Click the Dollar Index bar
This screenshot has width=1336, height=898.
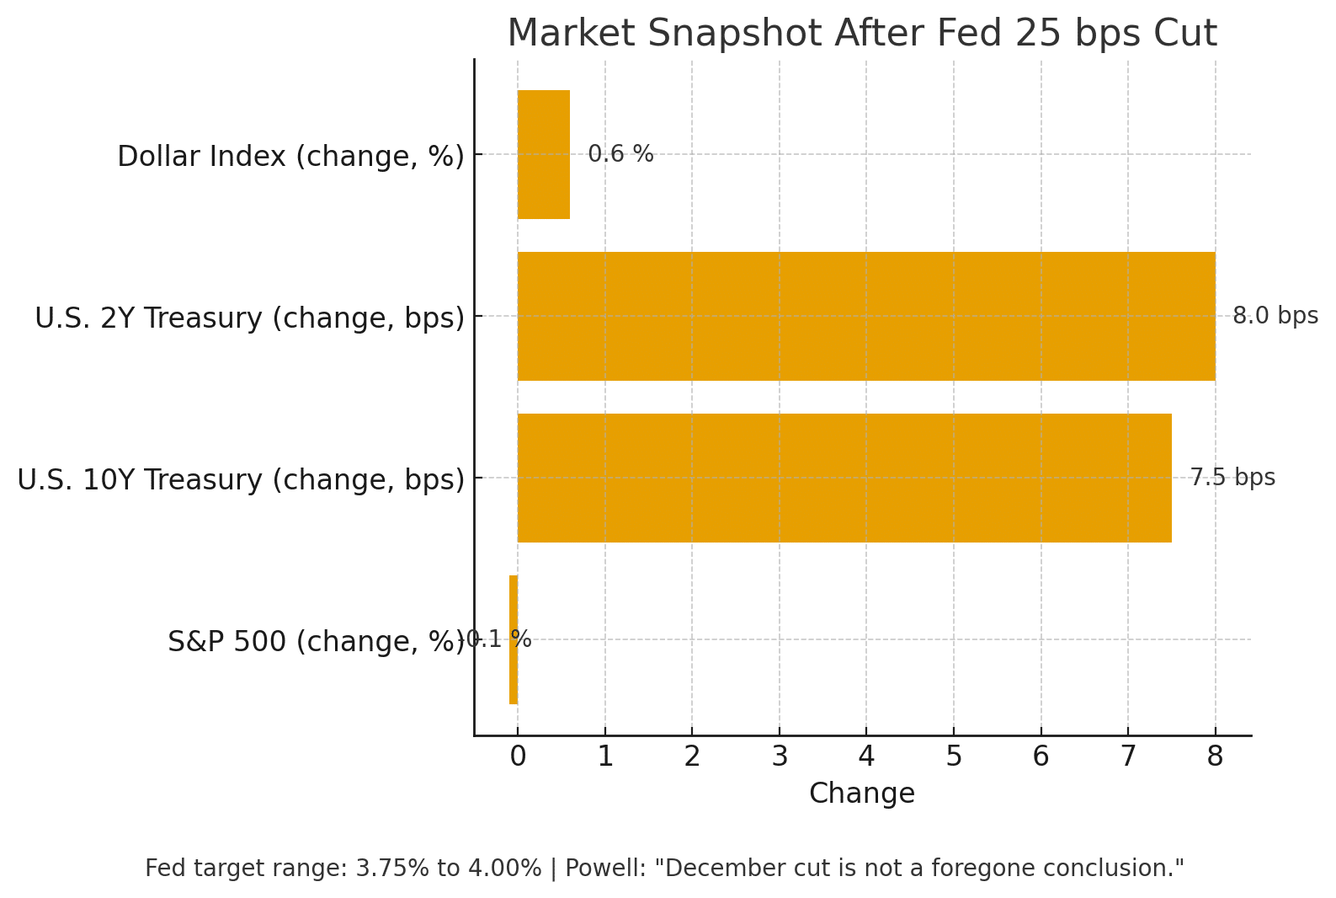click(544, 154)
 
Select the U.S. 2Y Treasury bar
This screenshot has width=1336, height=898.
click(866, 316)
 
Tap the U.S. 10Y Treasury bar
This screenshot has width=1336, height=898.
click(844, 478)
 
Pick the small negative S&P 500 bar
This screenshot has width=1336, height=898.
click(514, 639)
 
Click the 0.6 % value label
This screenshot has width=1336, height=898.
click(620, 154)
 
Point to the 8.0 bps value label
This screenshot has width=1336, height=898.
click(1275, 316)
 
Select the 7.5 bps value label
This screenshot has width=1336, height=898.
click(1232, 478)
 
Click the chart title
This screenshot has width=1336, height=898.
click(862, 34)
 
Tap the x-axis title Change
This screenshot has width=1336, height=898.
click(861, 794)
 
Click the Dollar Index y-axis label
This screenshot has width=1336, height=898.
click(290, 157)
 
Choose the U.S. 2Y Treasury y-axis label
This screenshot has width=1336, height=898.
click(249, 318)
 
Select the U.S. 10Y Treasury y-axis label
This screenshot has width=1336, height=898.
click(241, 480)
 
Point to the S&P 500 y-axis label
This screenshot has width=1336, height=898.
click(316, 642)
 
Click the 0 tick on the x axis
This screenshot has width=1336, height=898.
click(518, 756)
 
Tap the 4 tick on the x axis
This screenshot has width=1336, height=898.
click(866, 756)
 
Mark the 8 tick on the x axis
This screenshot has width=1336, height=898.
click(1215, 756)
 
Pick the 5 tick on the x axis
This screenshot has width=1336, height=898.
click(954, 756)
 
